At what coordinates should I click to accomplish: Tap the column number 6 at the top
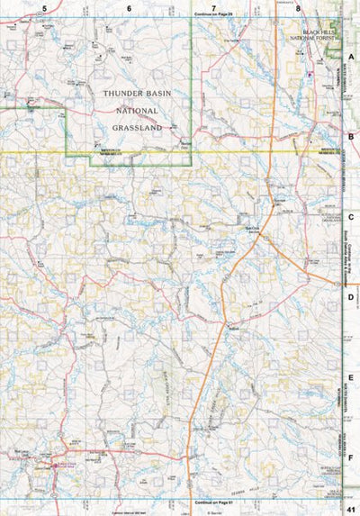[x=129, y=7]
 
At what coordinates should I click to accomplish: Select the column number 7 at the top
[x=213, y=7]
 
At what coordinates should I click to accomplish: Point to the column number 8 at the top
[x=298, y=7]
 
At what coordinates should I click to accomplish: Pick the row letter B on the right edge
[x=352, y=137]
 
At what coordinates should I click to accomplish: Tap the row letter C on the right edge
[x=352, y=217]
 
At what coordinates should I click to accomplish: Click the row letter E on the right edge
[x=352, y=377]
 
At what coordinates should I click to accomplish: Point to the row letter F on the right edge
[x=352, y=457]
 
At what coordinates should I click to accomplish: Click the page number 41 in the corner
[x=351, y=511]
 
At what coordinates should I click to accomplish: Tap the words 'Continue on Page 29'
[x=213, y=15]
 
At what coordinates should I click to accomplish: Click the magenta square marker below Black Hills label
[x=310, y=73]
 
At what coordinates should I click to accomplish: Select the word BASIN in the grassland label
[x=159, y=93]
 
